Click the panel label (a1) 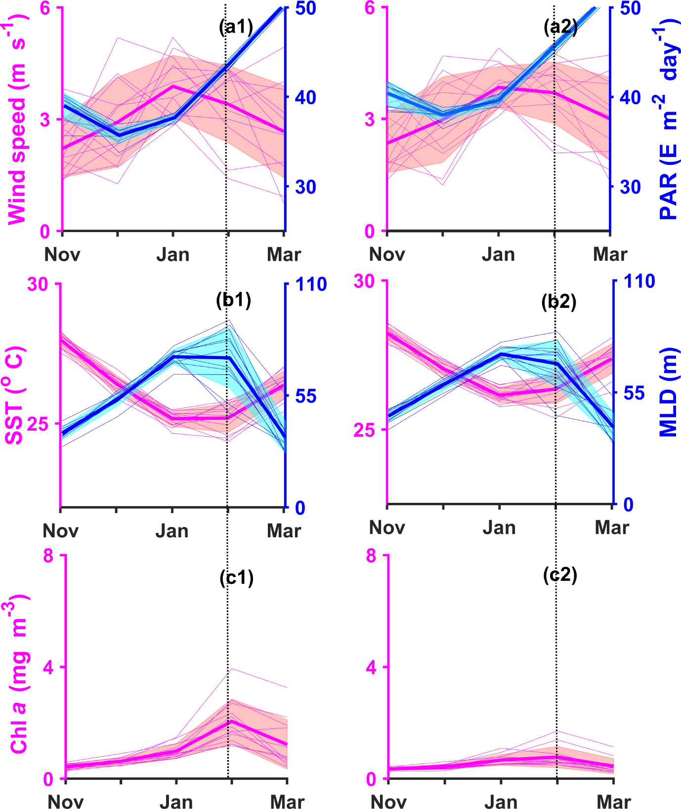[236, 27]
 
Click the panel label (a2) [560, 27]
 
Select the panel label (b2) [559, 301]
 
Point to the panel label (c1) [236, 577]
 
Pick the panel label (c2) [560, 575]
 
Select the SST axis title [15, 395]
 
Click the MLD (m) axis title [669, 393]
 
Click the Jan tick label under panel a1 [173, 255]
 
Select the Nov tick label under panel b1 [61, 531]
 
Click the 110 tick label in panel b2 [639, 282]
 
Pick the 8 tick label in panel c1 [48, 556]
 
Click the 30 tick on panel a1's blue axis [305, 187]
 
